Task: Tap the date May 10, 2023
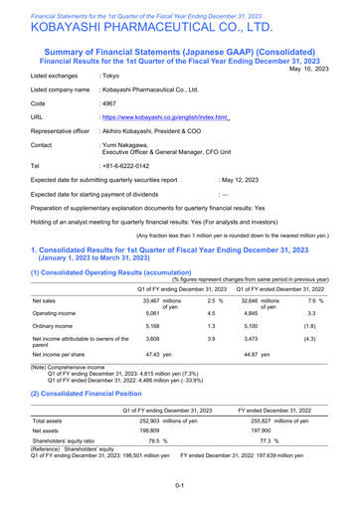[x=326, y=70]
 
